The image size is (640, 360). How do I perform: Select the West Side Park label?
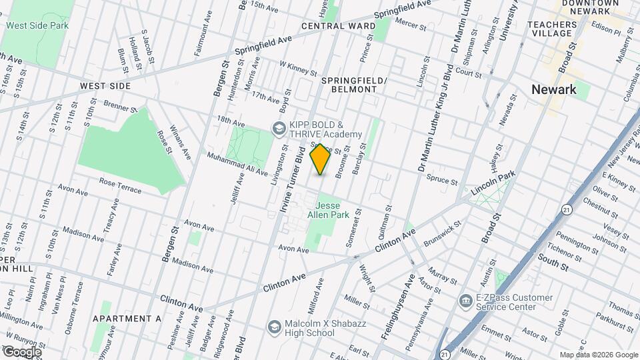[x=37, y=25]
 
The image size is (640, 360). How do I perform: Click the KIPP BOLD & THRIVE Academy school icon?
[x=277, y=127]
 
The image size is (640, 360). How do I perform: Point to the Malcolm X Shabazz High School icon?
[x=274, y=326]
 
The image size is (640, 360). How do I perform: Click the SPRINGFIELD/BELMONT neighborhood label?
[x=354, y=85]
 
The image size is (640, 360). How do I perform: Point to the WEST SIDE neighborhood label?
[x=105, y=87]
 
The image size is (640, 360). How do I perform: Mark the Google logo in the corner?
[x=21, y=352]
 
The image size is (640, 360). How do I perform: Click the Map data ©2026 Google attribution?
[x=597, y=355]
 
